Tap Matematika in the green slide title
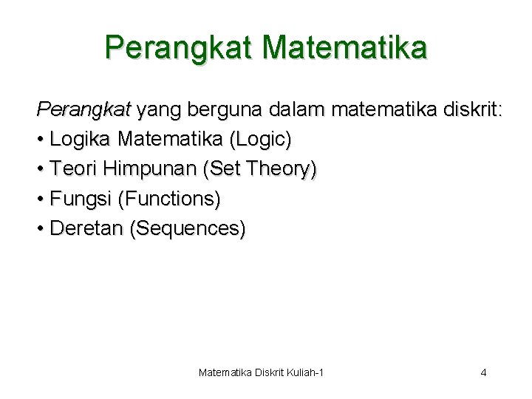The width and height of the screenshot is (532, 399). [344, 48]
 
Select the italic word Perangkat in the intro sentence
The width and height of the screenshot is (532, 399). [83, 110]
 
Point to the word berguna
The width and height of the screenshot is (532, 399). [221, 110]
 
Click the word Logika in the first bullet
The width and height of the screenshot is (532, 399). [81, 139]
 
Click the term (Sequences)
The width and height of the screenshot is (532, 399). [188, 228]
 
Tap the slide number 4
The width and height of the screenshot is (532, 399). [483, 372]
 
